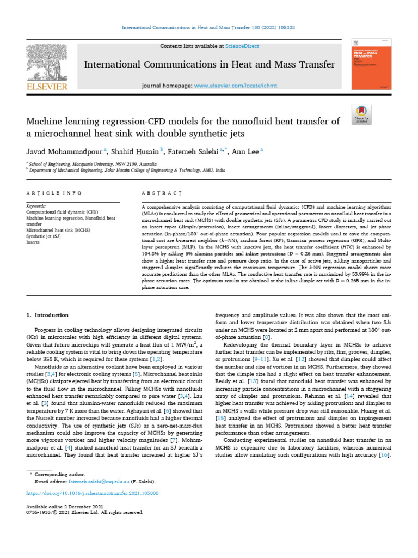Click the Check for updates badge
click(361, 112)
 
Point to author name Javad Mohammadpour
click(62, 151)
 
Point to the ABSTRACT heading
click(161, 193)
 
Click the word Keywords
click(37, 207)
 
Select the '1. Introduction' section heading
click(48, 315)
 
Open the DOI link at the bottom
click(93, 493)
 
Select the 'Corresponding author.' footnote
click(59, 475)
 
